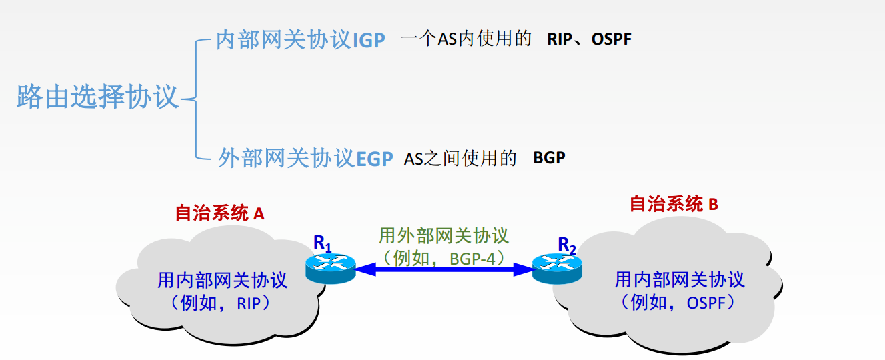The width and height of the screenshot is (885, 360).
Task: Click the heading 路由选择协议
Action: (98, 97)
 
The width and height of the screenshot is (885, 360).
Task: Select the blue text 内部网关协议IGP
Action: (301, 41)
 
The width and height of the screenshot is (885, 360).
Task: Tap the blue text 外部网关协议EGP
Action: (305, 159)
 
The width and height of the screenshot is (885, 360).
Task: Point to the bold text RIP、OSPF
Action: (589, 39)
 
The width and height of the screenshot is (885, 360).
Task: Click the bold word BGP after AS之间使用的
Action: (549, 159)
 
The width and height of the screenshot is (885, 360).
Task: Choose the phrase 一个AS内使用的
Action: (466, 39)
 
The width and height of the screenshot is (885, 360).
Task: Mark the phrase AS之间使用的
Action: (460, 159)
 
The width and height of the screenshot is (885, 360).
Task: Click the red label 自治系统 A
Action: (220, 213)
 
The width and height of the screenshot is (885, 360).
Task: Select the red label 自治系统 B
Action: (674, 204)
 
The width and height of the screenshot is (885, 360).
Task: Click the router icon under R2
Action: (556, 269)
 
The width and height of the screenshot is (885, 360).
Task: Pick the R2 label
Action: (566, 246)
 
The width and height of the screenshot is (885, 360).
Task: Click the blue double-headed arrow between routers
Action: (443, 269)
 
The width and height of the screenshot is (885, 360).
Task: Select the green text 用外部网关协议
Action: (444, 235)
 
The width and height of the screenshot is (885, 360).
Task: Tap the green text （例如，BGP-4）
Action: (444, 257)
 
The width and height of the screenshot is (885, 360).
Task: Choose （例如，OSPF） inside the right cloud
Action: (679, 302)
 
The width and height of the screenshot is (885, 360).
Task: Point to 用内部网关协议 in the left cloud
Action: (222, 280)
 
